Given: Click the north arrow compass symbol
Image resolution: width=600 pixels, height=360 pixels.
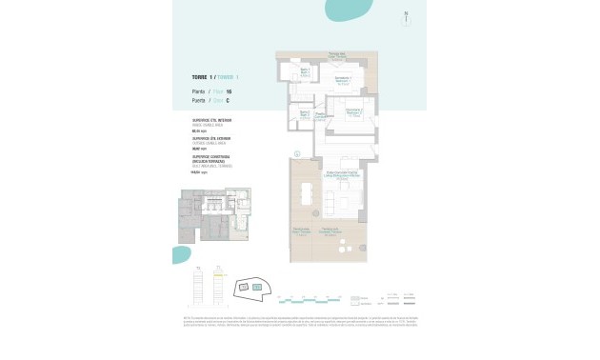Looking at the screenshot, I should pos(406,16).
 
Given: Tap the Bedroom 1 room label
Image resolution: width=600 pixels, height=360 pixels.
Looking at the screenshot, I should pos(343,81).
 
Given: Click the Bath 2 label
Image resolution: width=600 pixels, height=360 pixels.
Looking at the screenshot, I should pos(304,114).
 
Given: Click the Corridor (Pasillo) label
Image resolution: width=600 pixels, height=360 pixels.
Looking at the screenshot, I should pos(322,116).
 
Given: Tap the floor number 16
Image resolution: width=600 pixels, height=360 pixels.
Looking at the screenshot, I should pos(229,91).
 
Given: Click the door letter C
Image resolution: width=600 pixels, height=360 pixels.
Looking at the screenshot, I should pos(228,100).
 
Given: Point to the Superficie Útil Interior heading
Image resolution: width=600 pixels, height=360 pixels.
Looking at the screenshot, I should pos(212,121).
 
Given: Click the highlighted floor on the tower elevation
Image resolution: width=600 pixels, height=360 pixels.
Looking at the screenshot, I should pos(218,276).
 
